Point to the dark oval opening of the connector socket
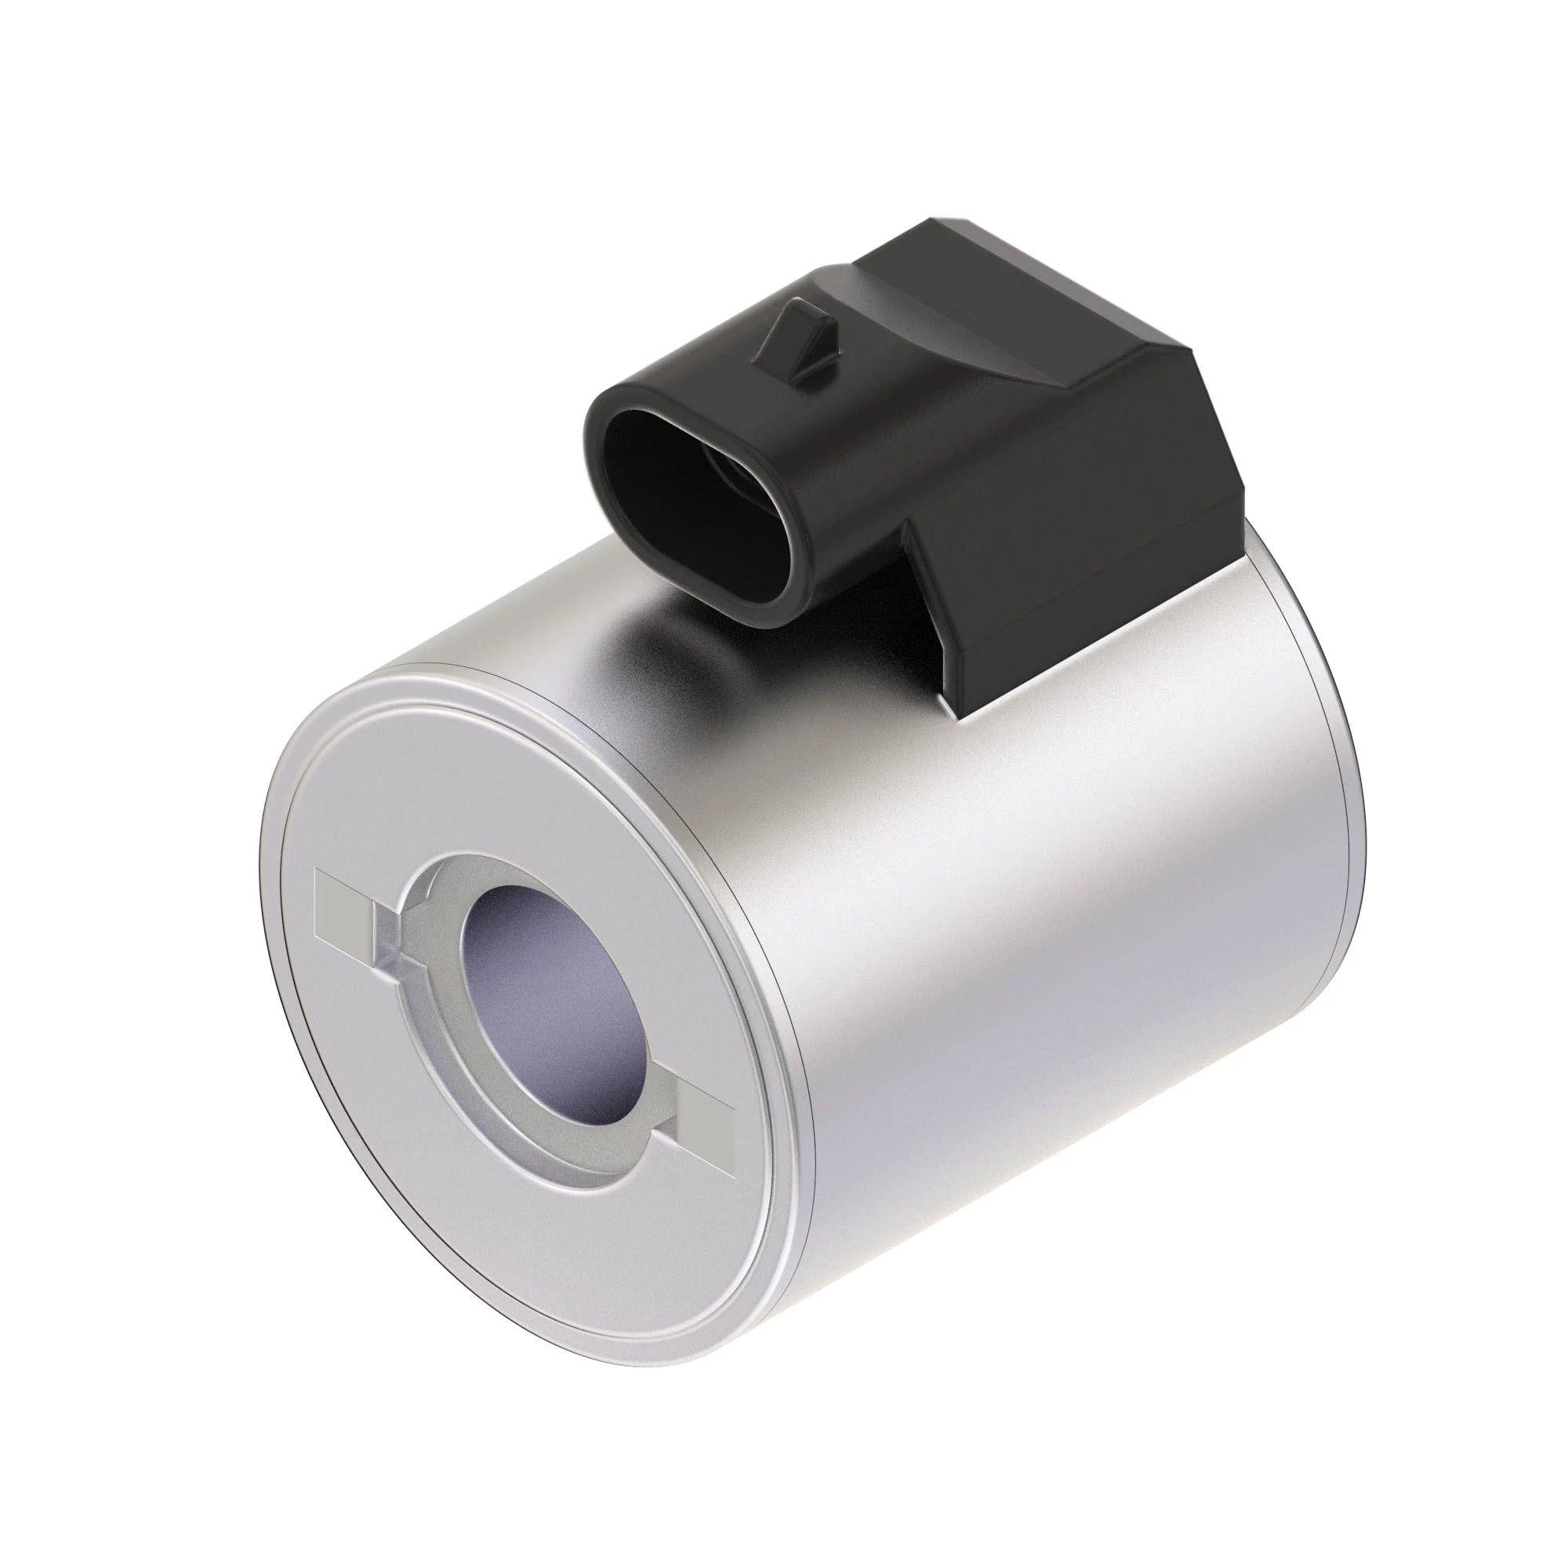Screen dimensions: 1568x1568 pyautogui.click(x=690, y=495)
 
